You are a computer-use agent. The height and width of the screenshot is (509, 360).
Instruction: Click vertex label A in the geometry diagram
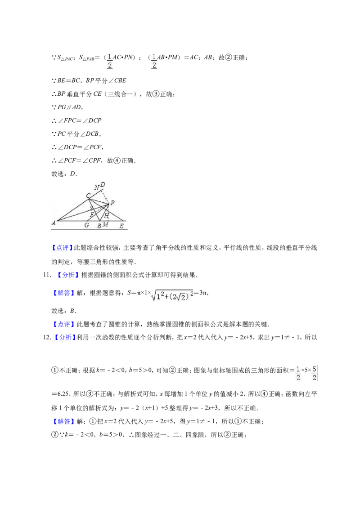(x=54, y=223)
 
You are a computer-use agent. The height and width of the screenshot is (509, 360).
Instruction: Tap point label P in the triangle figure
(x=112, y=203)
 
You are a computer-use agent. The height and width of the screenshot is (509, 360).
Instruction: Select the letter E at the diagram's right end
(x=121, y=226)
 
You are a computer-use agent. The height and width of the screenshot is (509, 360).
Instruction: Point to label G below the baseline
(x=87, y=225)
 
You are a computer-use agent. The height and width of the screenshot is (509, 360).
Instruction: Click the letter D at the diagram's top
(x=103, y=184)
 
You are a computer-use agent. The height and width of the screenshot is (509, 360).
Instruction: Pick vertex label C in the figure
(x=88, y=196)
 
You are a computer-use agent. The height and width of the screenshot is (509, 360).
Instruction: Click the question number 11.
(x=47, y=275)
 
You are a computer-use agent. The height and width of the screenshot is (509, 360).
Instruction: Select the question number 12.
(x=47, y=337)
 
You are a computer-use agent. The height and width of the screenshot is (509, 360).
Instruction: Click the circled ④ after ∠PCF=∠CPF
(x=117, y=161)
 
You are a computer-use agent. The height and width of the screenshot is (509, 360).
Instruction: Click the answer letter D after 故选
(x=72, y=174)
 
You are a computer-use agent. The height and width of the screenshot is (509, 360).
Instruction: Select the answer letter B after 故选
(x=72, y=311)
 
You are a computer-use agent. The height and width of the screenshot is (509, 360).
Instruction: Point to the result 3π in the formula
(x=203, y=293)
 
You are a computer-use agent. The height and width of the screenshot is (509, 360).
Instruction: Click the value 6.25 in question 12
(x=63, y=394)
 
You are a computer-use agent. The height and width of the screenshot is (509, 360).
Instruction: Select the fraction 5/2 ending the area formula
(x=315, y=373)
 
